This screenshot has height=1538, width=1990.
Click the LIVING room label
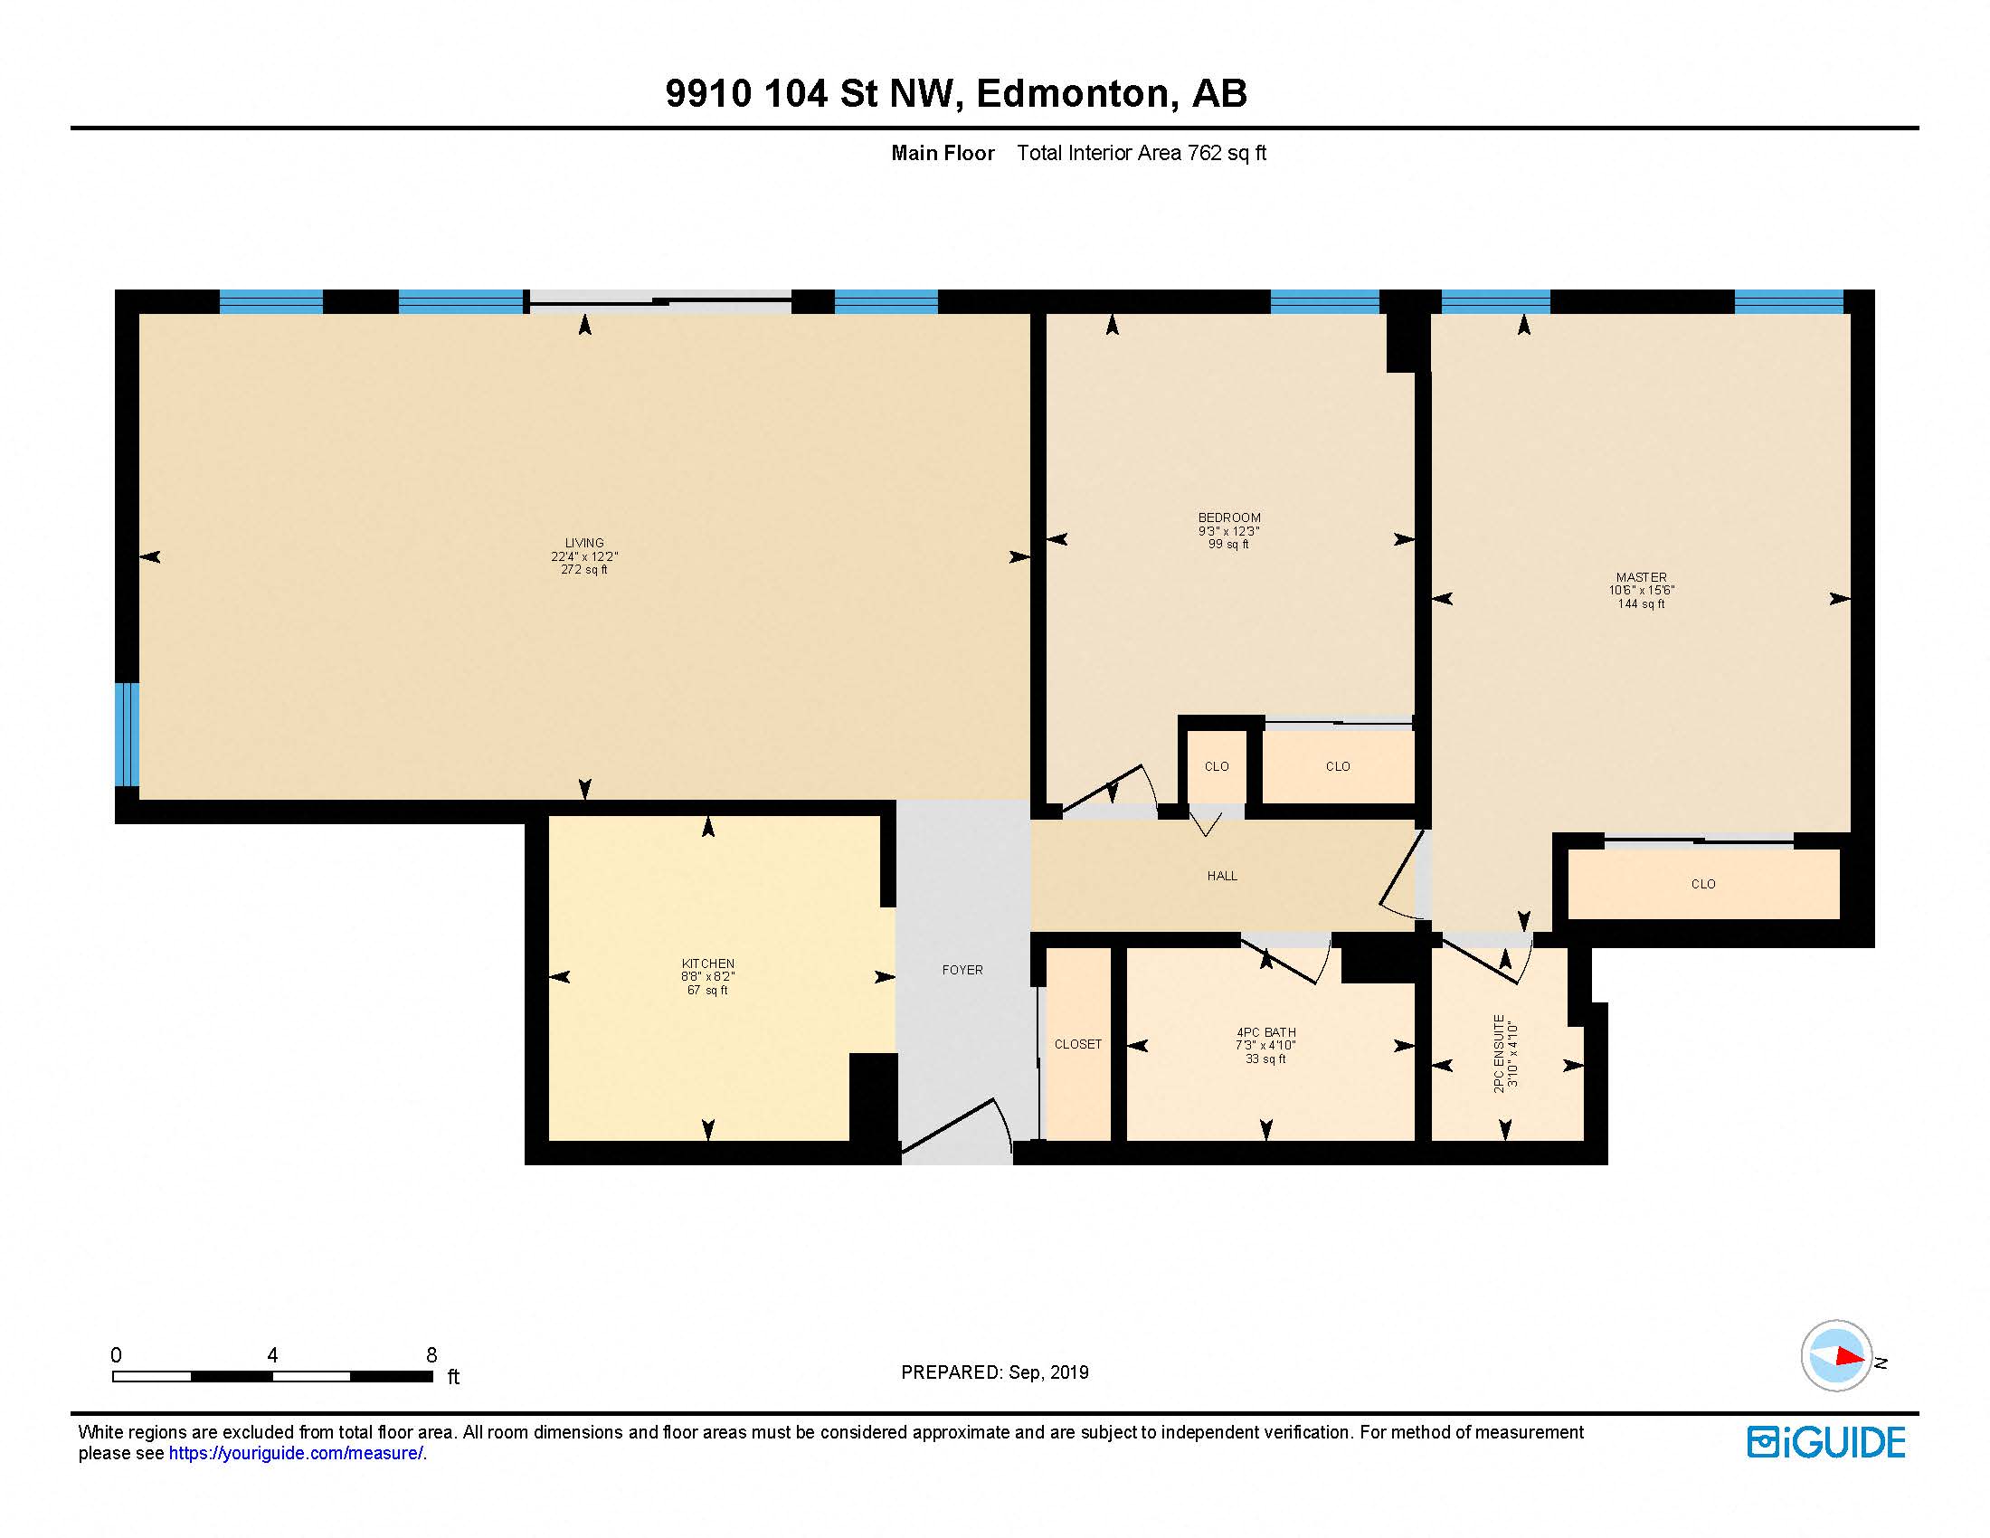(x=584, y=543)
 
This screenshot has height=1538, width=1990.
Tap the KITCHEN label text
(x=708, y=964)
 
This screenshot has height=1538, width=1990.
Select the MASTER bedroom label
(x=1641, y=577)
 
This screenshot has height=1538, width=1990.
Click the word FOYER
(x=962, y=971)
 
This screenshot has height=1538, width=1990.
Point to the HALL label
(x=1222, y=876)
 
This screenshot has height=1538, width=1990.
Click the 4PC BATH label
(x=1265, y=1032)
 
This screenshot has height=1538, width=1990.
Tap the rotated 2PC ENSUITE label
(x=1500, y=1053)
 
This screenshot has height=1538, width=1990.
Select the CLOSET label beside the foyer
(x=1078, y=1044)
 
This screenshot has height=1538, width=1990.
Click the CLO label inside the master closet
(x=1703, y=884)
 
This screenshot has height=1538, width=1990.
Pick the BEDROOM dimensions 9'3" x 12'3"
(x=1228, y=531)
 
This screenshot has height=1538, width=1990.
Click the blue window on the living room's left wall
(x=127, y=734)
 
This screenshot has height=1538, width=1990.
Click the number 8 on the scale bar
(x=431, y=1355)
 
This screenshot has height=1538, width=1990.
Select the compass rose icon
(x=1836, y=1356)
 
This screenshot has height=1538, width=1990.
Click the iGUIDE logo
(x=1826, y=1442)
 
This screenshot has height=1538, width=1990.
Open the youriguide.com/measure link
(x=296, y=1453)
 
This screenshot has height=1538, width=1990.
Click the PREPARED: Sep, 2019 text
(x=994, y=1372)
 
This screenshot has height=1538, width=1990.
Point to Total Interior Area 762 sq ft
(x=1141, y=153)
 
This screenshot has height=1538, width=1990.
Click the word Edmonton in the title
(x=1073, y=93)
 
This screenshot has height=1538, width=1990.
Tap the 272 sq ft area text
(x=584, y=569)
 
